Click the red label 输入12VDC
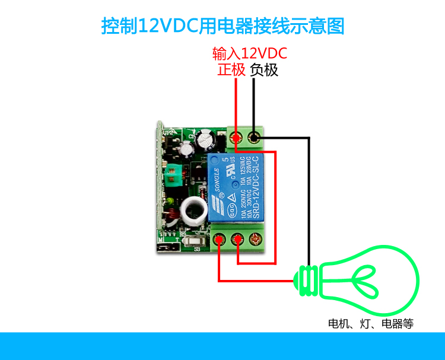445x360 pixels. tap(250, 54)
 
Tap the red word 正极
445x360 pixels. tap(231, 70)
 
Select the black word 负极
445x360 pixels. tap(264, 70)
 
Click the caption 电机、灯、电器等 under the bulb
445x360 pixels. tap(371, 324)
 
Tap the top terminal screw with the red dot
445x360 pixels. tap(236, 139)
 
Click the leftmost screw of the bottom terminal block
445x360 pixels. tap(220, 240)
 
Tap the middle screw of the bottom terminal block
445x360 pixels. tap(238, 240)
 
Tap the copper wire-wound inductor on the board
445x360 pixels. tap(171, 220)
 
